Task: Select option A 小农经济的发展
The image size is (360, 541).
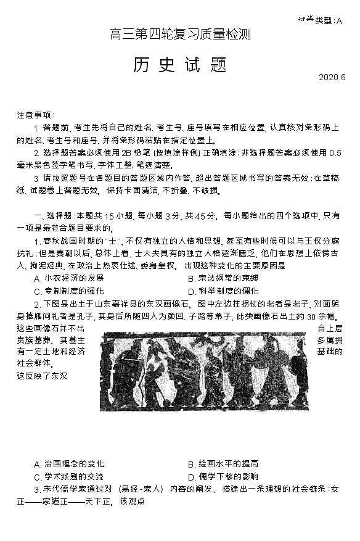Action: tap(69, 278)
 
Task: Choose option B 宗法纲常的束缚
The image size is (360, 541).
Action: tap(223, 278)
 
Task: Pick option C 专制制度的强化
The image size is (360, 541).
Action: tap(69, 291)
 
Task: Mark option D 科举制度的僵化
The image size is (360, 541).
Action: tap(223, 291)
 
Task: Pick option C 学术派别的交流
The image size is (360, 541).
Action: tap(69, 476)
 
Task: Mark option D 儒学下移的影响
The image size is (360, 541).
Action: tap(223, 476)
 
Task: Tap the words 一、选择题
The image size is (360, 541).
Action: tap(52, 215)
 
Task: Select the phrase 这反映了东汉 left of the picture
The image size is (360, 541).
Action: tap(42, 375)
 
